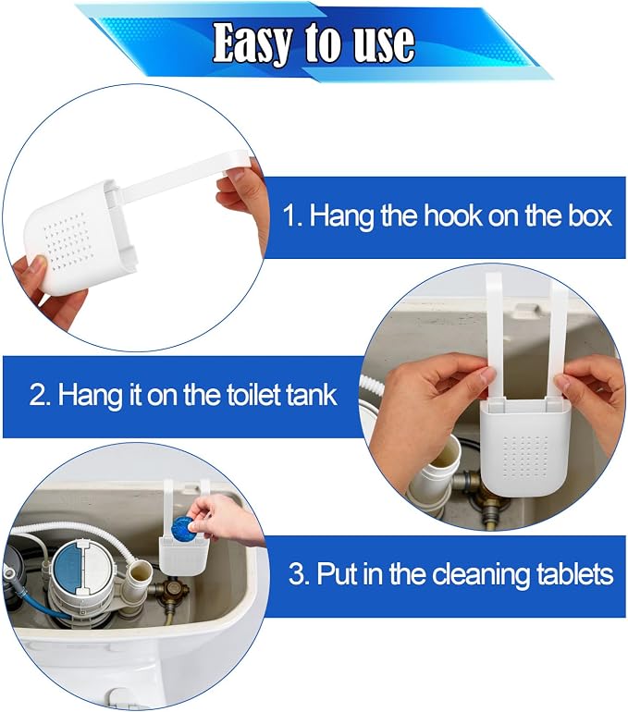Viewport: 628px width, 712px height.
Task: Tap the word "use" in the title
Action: coord(384,43)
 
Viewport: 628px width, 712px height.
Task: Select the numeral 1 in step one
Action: coord(289,215)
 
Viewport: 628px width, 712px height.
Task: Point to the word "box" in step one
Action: coord(589,215)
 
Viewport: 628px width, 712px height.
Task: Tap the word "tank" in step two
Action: coord(311,394)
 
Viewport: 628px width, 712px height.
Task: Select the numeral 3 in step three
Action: coord(297,573)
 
